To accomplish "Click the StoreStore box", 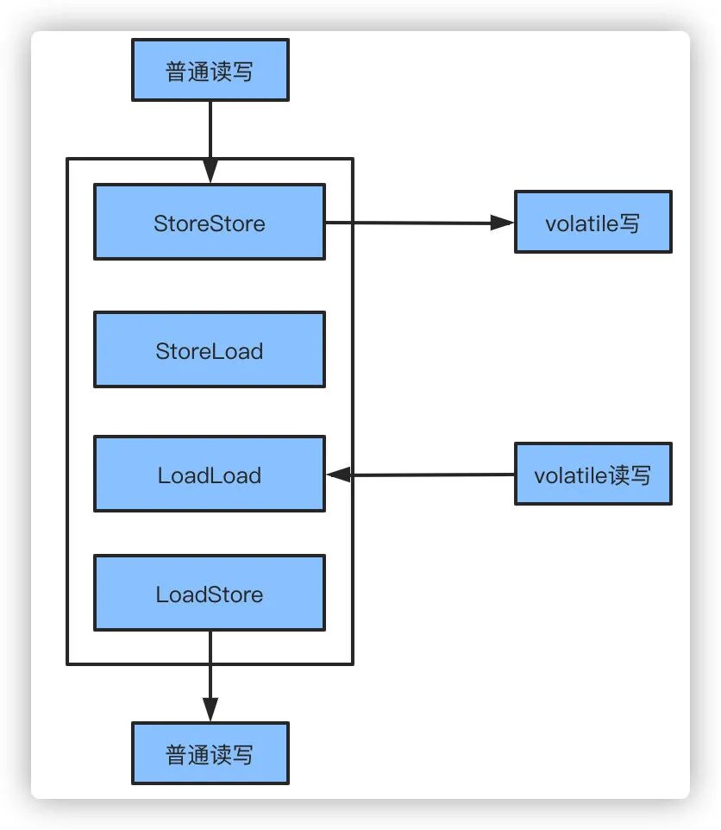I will point(210,222).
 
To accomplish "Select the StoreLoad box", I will point(210,349).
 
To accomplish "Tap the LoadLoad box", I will point(210,474).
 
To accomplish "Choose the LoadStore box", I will point(210,593).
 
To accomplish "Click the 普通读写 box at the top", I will point(210,70).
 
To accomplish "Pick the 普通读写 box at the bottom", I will point(210,753).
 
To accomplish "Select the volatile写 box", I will point(592,222).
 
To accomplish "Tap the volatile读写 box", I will point(592,474).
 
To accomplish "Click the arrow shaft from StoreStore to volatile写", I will point(405,223).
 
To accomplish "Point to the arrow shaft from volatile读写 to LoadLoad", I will point(431,475).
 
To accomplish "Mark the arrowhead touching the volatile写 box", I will point(503,223).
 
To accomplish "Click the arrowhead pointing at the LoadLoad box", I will point(337,475).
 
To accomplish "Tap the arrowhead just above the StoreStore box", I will point(210,172).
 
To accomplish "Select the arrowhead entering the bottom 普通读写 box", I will point(210,710).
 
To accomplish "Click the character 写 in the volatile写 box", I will point(630,223).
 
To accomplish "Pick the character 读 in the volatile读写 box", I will point(618,475).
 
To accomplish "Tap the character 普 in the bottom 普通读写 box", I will point(177,754).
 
